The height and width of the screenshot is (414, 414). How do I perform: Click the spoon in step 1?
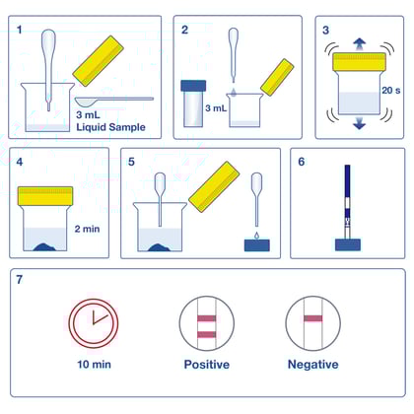(123, 100)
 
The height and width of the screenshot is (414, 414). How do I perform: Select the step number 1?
(21, 30)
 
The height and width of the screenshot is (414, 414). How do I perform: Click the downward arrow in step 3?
(358, 123)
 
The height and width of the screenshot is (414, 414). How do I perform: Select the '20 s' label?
(387, 91)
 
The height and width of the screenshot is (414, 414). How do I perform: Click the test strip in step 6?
(349, 202)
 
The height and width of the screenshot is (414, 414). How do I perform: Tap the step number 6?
(303, 163)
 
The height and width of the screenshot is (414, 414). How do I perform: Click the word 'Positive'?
(206, 364)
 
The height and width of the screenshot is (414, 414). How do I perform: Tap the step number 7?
(21, 280)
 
